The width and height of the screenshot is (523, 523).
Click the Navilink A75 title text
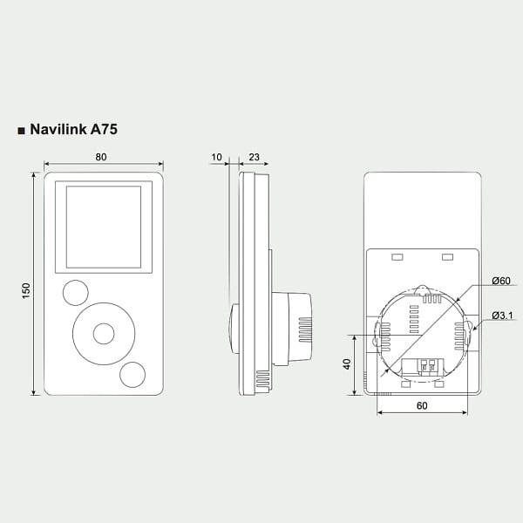point(74,129)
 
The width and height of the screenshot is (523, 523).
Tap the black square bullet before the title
point(21,131)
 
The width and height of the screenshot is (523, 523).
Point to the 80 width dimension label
point(101,157)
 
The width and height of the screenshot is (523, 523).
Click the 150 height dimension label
point(26,291)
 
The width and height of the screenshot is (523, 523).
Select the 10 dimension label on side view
point(216,157)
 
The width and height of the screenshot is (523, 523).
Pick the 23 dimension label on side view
point(255,157)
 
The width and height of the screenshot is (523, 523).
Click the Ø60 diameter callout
point(501,281)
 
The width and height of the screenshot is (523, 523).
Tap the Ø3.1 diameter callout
point(503,316)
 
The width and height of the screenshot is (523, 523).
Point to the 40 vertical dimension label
point(347,363)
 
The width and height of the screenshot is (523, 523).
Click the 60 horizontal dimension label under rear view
point(422,405)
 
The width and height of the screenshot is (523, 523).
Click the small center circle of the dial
point(104,334)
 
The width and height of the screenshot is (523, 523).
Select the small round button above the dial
point(76,293)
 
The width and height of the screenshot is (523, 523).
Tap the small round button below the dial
point(132,375)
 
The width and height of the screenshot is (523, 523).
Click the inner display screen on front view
point(104,228)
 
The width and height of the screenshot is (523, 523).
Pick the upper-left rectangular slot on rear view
point(397,257)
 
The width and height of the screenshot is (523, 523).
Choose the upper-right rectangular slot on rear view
point(447,257)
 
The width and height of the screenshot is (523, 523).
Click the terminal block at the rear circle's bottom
point(423,367)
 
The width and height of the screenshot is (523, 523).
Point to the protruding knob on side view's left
point(234,329)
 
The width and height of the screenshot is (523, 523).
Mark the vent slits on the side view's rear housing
point(305,329)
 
